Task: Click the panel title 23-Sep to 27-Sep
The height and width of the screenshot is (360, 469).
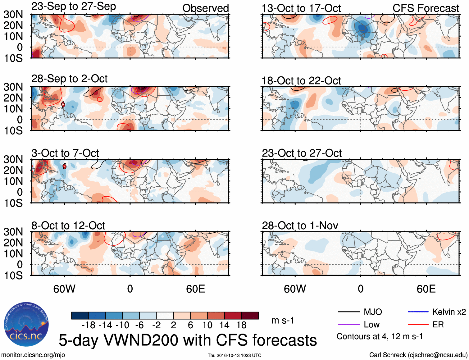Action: [x=74, y=7]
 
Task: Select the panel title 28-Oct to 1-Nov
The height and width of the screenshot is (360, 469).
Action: [x=300, y=226]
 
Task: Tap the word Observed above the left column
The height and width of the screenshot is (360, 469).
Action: [x=205, y=8]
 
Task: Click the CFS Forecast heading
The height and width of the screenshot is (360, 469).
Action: [x=426, y=8]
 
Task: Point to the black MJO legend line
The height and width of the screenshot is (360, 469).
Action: [x=349, y=312]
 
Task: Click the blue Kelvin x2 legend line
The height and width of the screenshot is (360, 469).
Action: [x=418, y=312]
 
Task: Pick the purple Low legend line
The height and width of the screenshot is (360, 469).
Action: [x=349, y=325]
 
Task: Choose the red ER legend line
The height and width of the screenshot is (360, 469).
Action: [x=418, y=325]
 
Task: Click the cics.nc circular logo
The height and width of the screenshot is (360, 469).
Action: [x=26, y=324]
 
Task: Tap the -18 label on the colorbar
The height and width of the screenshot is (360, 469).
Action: [x=89, y=325]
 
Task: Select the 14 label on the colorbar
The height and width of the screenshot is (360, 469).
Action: [x=224, y=325]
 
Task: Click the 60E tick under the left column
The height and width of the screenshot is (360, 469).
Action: [x=195, y=289]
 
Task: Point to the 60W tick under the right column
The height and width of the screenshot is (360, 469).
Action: [x=295, y=289]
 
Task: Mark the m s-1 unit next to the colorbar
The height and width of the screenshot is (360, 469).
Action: [x=283, y=320]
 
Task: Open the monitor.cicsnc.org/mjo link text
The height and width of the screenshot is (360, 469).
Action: [x=33, y=355]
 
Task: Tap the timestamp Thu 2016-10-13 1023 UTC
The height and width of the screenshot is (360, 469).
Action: [x=234, y=355]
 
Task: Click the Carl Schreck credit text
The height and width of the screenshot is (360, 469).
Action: [x=418, y=355]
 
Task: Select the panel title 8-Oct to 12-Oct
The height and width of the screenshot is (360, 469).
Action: [x=68, y=226]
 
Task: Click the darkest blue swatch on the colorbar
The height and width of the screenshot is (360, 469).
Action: [x=80, y=316]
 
